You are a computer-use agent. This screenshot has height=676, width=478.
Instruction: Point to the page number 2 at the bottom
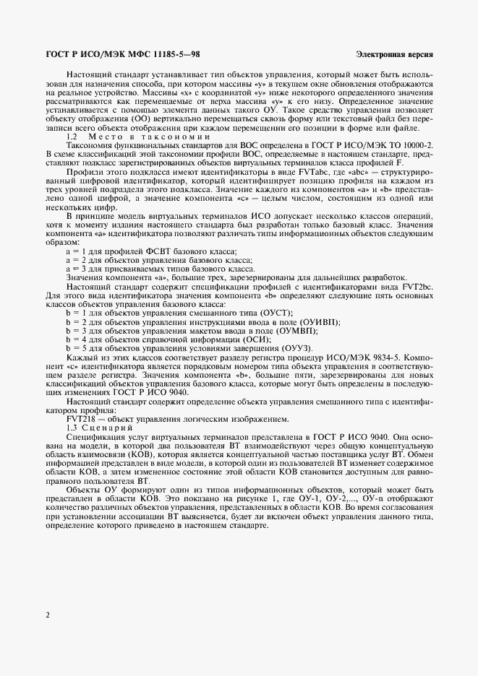point(47,615)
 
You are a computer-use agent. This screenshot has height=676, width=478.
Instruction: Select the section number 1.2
point(72,136)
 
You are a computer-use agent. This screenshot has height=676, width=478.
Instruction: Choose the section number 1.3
point(72,429)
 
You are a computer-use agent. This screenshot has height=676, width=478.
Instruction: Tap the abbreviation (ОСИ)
point(255,338)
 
